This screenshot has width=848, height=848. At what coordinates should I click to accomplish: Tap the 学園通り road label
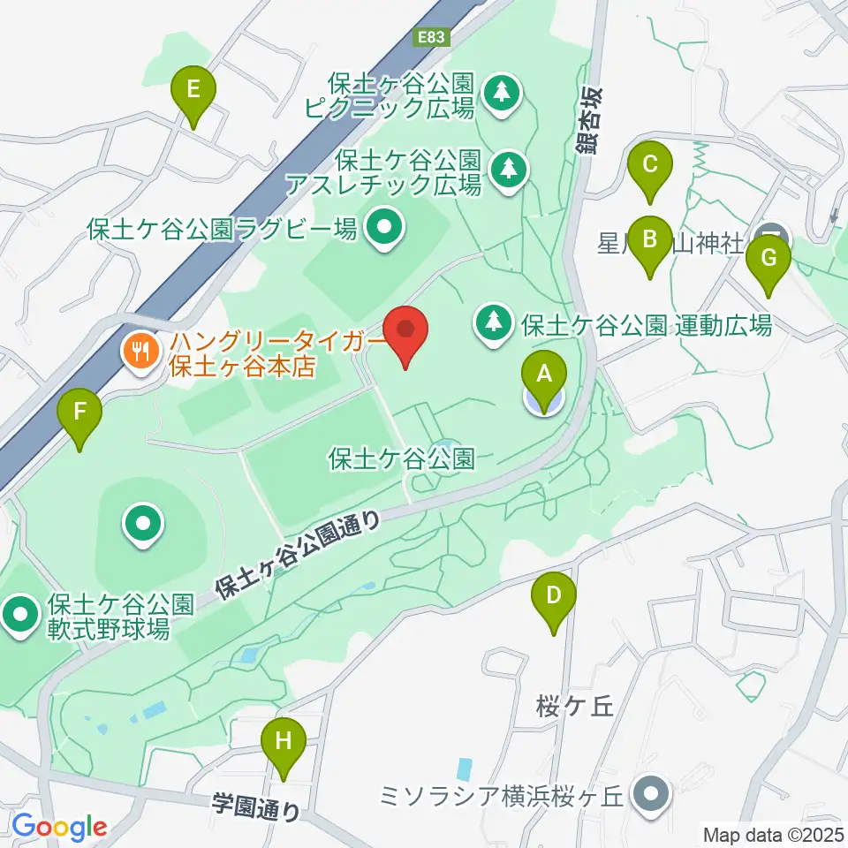(x=256, y=806)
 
